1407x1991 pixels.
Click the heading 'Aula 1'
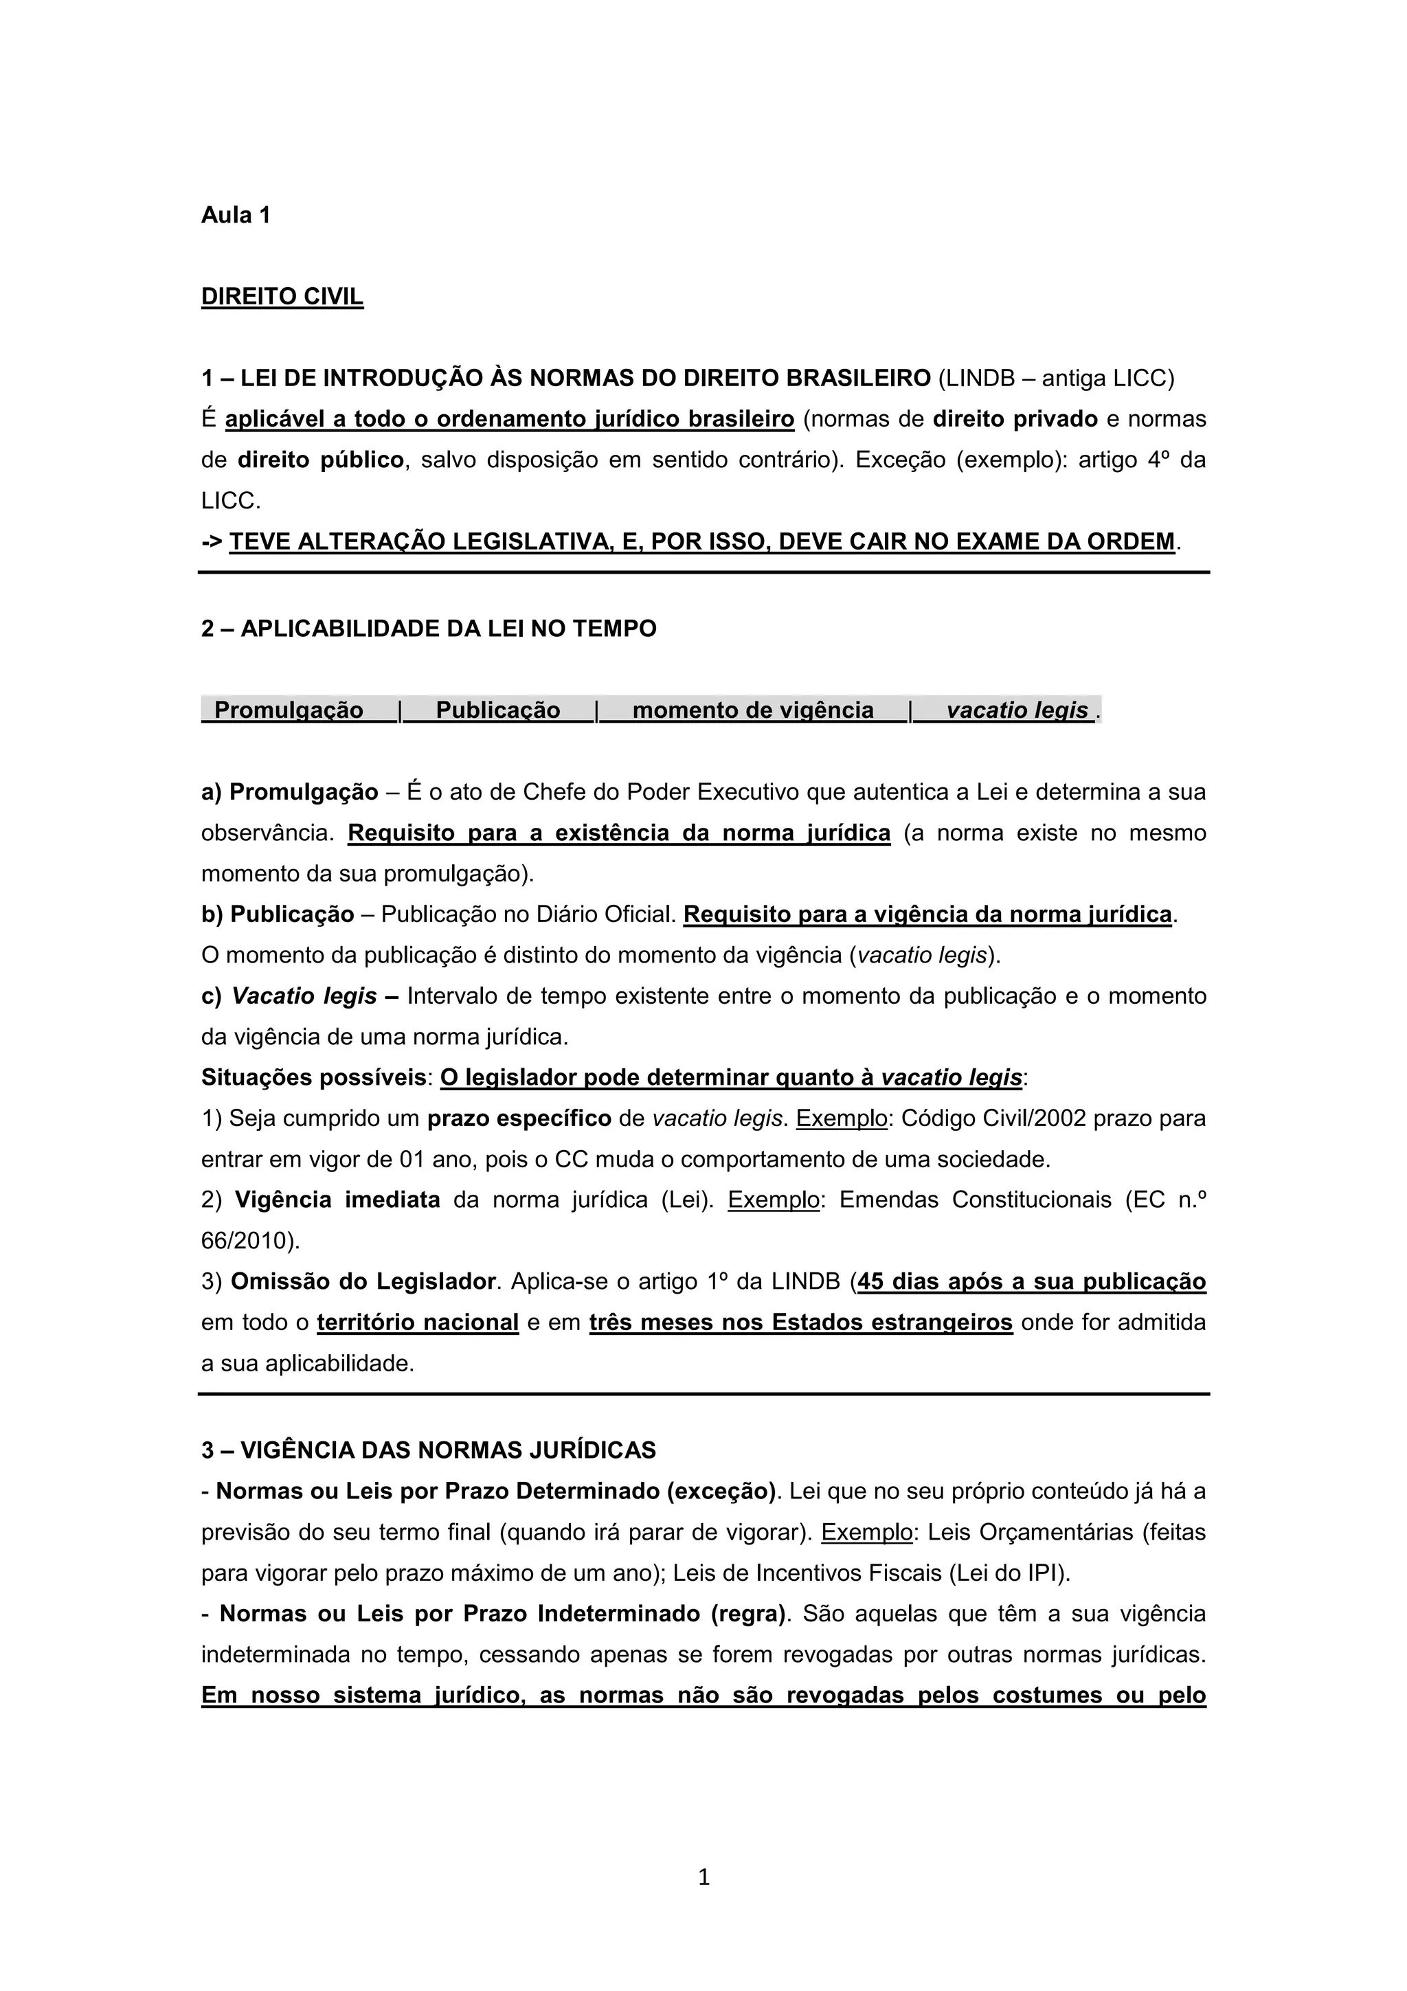point(235,215)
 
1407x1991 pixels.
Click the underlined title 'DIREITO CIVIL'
point(282,297)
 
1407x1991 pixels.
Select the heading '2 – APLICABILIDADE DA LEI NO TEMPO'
point(428,629)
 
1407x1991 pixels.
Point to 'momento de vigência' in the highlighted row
point(752,710)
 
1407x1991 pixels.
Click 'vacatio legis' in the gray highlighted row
point(1016,710)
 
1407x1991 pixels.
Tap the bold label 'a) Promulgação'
point(289,793)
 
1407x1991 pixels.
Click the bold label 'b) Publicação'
point(278,915)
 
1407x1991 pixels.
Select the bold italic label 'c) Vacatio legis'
point(289,996)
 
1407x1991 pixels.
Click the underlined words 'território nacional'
point(417,1323)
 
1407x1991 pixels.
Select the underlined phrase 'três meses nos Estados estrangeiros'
point(800,1323)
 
